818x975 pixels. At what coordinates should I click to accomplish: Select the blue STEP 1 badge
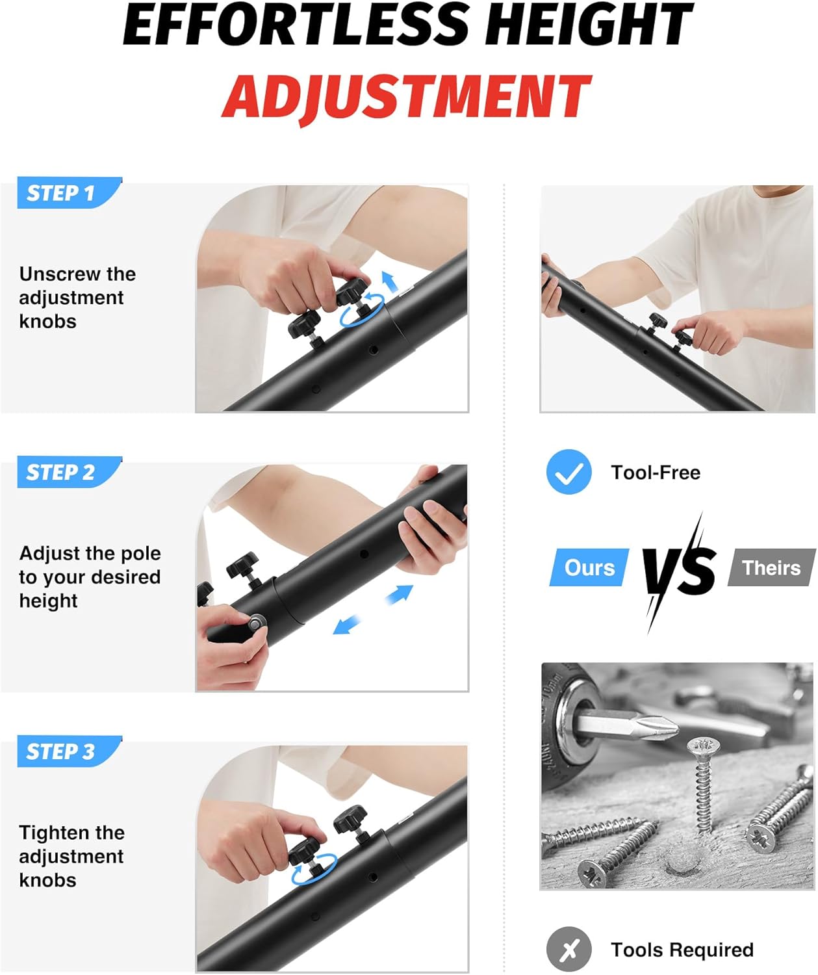pos(69,193)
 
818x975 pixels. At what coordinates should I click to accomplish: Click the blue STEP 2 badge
pos(69,472)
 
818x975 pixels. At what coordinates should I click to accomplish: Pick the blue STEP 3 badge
pos(69,751)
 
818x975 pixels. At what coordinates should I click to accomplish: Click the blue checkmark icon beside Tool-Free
pos(569,472)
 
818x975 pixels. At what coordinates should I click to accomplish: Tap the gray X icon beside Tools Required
pos(569,949)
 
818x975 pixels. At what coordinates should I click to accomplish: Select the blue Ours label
pos(589,567)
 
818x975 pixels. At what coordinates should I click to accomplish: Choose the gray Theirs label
pos(771,567)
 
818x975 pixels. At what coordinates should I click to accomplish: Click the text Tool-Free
pos(656,473)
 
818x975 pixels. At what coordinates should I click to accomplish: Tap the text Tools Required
pos(682,950)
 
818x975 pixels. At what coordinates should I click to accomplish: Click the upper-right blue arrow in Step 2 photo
pos(400,595)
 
